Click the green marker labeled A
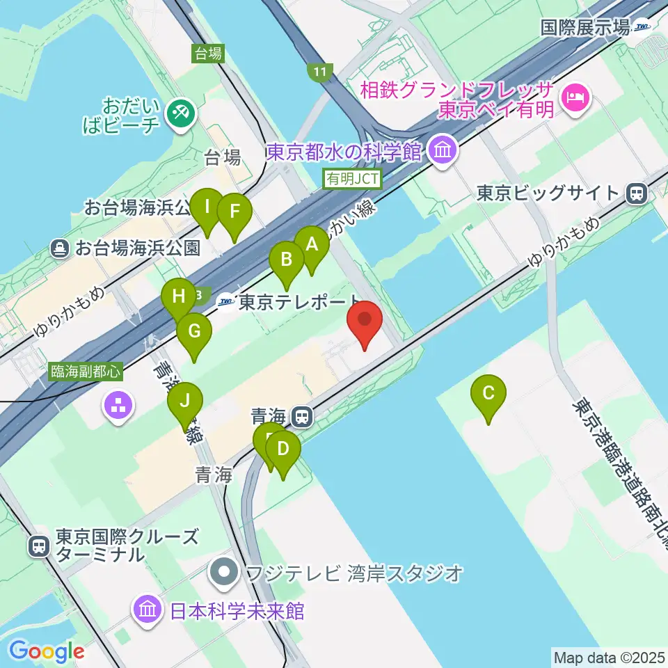(311, 244)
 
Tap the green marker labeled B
(286, 260)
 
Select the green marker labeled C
(488, 394)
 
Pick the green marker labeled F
(234, 212)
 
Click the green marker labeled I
(207, 207)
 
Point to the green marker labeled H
(179, 297)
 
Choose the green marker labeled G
(193, 331)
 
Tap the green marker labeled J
(184, 401)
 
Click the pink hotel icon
(577, 96)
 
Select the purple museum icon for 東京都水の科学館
(442, 149)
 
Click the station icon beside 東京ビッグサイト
(635, 194)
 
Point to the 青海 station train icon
(301, 417)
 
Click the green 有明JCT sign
(352, 179)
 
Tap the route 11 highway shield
(319, 72)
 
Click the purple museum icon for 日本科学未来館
(148, 610)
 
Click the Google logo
(47, 651)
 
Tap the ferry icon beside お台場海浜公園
(59, 247)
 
